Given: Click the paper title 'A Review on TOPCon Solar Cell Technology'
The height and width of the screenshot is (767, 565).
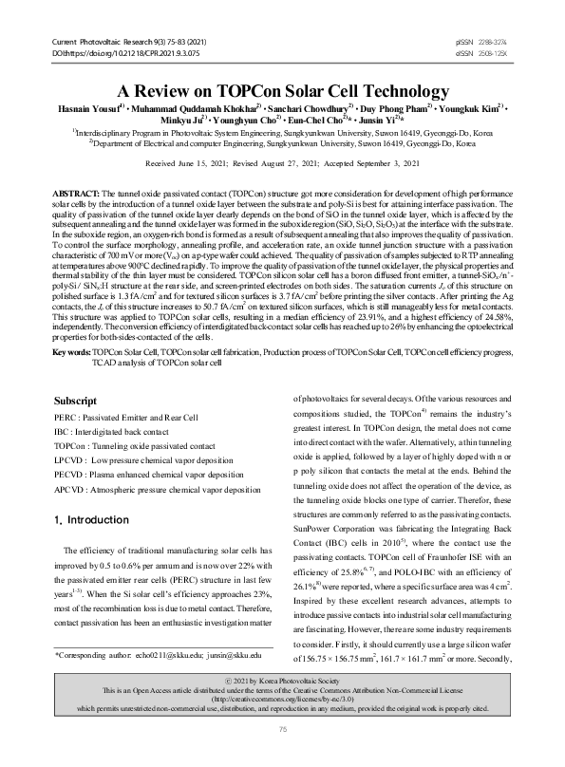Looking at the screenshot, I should (x=282, y=92).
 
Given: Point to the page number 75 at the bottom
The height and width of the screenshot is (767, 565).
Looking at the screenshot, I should (x=282, y=755).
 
